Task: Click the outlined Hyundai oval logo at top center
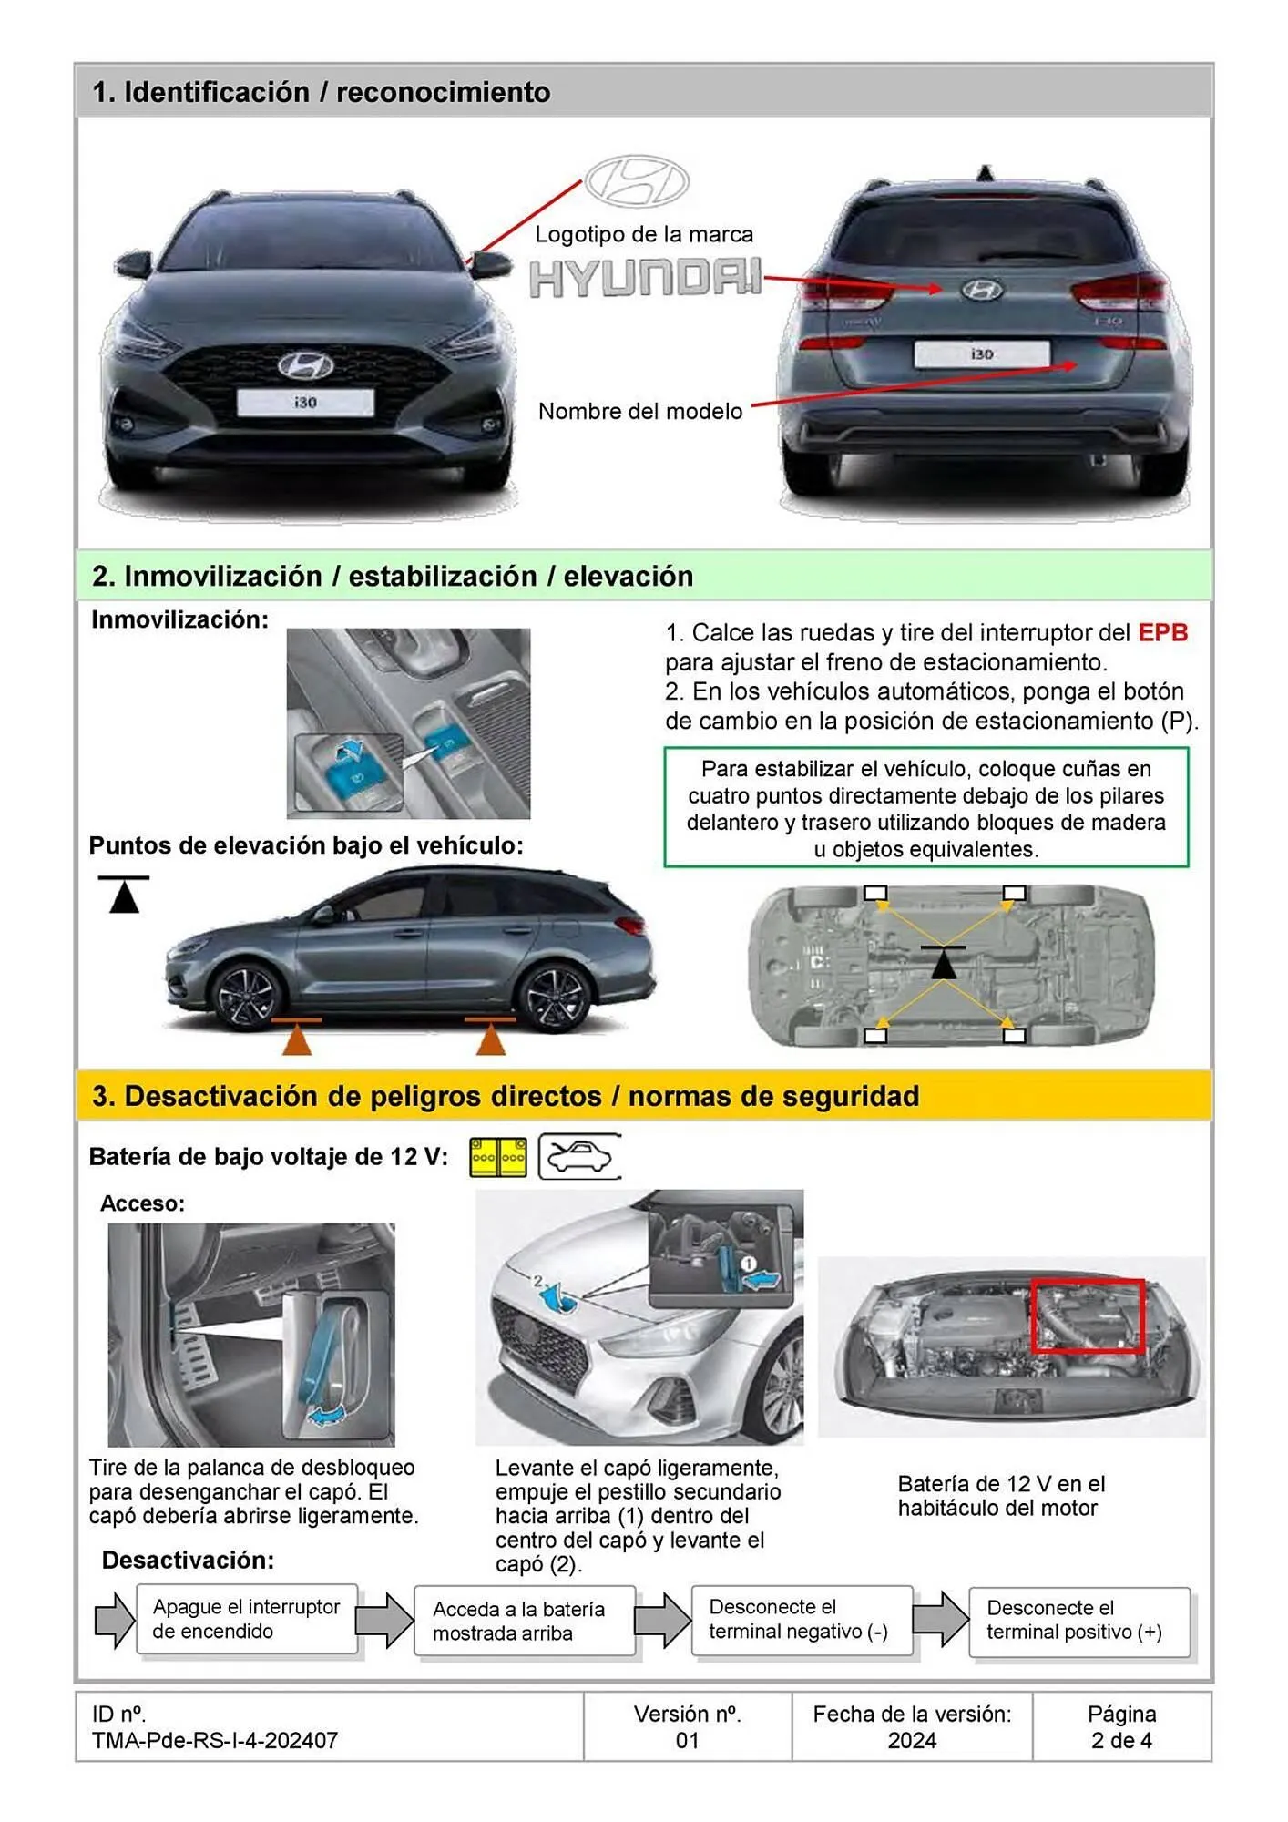click(637, 181)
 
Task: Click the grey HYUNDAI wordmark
click(645, 278)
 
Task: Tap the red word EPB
click(1162, 632)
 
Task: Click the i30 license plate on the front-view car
click(305, 402)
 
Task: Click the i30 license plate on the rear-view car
click(982, 353)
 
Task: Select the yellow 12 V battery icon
click(498, 1157)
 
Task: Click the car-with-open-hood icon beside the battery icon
click(580, 1157)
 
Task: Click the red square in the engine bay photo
click(1087, 1315)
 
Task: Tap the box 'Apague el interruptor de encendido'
click(246, 1619)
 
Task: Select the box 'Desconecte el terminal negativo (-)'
click(799, 1620)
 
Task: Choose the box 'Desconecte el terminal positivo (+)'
click(1077, 1621)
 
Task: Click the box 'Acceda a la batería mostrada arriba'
click(523, 1621)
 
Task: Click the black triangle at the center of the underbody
click(944, 963)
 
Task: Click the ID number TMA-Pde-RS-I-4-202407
click(215, 1740)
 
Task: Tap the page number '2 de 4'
click(1121, 1740)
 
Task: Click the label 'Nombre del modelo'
click(640, 411)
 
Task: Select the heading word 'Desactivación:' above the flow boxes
click(188, 1560)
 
